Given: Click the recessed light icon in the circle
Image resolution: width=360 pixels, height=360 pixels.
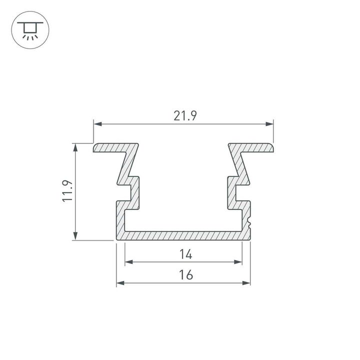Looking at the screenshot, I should coord(30,30).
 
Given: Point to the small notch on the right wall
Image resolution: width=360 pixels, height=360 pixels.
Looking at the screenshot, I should coord(248,219).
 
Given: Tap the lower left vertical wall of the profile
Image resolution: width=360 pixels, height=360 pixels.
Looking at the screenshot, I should coord(120,217).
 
